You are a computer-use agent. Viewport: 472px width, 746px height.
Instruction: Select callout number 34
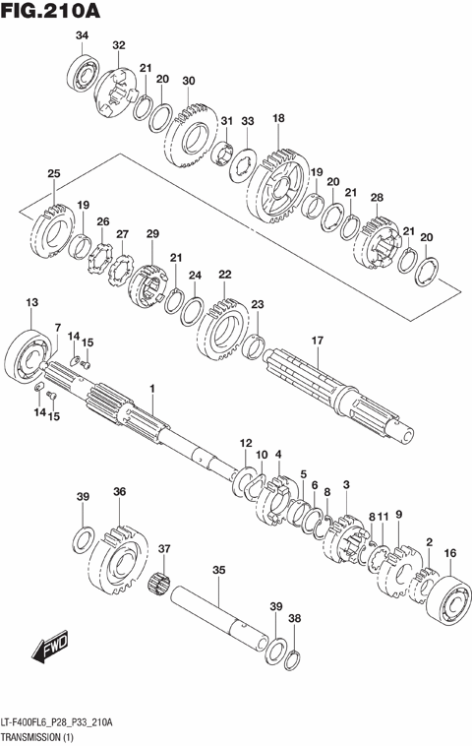82,36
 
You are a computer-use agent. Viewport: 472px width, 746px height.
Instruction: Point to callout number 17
317,341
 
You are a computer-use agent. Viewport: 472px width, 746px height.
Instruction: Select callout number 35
218,569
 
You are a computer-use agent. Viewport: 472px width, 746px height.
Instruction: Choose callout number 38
294,621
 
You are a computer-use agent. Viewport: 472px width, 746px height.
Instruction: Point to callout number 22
225,275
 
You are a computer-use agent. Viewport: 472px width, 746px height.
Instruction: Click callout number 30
189,81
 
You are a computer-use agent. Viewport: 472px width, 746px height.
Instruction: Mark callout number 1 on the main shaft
152,391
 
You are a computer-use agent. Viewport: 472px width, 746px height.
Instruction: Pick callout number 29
152,233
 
